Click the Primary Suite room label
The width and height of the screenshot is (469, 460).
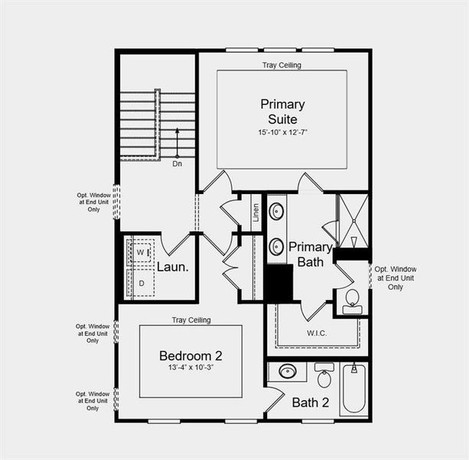coord(282,112)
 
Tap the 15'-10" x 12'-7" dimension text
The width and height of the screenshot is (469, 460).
coord(282,133)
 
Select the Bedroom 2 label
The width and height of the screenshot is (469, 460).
coord(191,356)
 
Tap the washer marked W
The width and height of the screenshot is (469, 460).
coord(142,251)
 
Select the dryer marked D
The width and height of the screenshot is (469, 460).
coord(142,283)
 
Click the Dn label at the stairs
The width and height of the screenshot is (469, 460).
coord(178,163)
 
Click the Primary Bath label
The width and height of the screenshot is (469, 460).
coord(310,254)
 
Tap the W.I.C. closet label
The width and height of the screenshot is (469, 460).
coord(317,333)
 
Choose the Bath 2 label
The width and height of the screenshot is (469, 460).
coord(311,402)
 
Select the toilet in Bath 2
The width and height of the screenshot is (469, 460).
coord(324,376)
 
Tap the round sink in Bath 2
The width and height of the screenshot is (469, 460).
coord(288,372)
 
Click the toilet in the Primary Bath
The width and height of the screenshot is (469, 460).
coord(353,299)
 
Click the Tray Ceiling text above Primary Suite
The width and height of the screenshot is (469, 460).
coord(282,65)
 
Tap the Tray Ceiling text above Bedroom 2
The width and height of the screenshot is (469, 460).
coord(191,320)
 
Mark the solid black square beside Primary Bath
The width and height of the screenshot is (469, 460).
coord(279,282)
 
